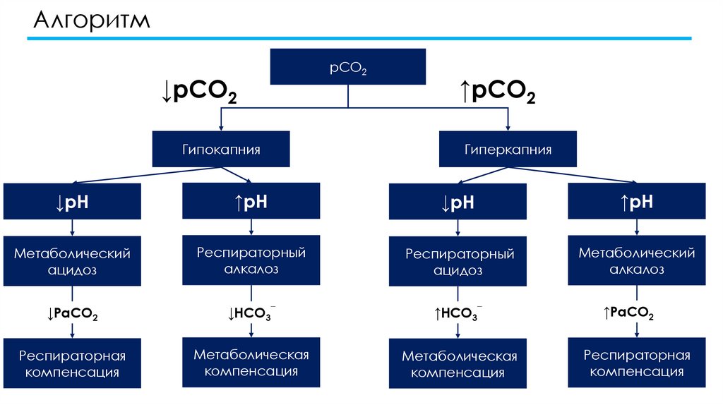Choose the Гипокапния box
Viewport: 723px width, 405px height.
click(x=221, y=150)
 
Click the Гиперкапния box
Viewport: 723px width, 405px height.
click(x=508, y=150)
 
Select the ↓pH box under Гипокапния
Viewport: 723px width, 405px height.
click(x=72, y=203)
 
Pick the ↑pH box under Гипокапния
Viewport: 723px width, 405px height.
click(x=251, y=202)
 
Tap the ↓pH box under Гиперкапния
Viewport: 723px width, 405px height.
click(x=458, y=203)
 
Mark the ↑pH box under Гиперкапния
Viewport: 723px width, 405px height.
click(x=636, y=202)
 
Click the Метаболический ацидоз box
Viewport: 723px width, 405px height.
click(x=72, y=261)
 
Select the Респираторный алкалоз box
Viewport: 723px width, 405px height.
click(x=251, y=260)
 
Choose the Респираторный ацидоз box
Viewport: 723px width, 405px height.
click(x=458, y=262)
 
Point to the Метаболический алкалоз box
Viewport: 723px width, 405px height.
click(x=636, y=261)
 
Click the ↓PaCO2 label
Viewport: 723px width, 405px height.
click(x=72, y=315)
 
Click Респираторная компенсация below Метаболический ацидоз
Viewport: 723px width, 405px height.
click(x=72, y=363)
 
